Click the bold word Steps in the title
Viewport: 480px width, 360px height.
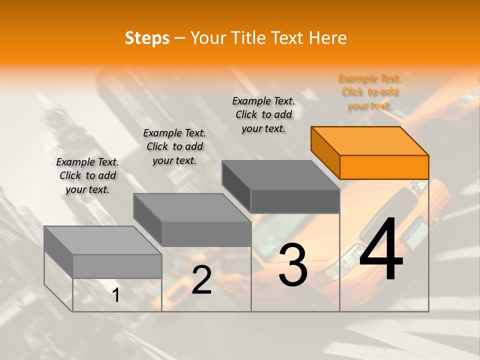click(147, 38)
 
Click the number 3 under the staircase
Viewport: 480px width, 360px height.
click(293, 265)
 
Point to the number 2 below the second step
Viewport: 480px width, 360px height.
click(201, 280)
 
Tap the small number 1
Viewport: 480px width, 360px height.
click(116, 295)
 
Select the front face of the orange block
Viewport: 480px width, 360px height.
click(384, 167)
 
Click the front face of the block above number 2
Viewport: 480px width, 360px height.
click(206, 234)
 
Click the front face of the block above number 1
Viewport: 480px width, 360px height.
click(117, 266)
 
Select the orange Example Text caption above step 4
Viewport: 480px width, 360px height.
click(369, 92)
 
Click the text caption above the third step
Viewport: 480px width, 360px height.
click(263, 114)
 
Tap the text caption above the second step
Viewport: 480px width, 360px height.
click(174, 146)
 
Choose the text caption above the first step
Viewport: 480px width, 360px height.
click(87, 175)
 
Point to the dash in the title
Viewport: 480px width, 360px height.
click(180, 38)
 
